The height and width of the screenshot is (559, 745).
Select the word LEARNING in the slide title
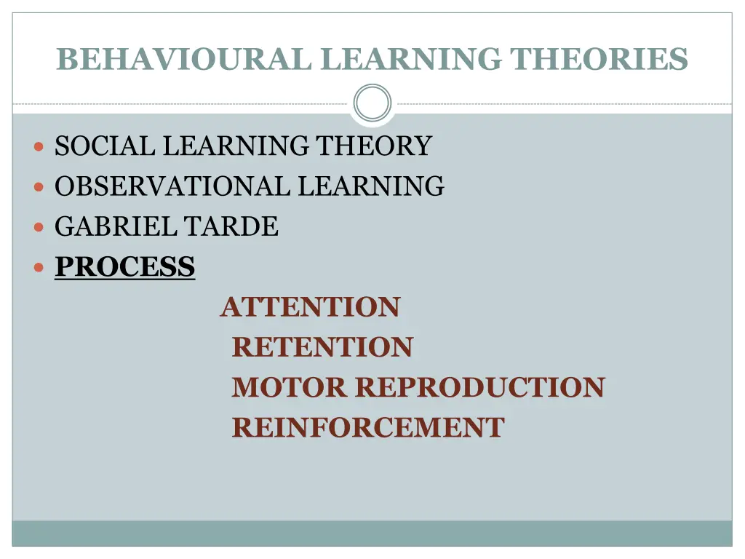pos(412,59)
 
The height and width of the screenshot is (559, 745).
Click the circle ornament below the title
pos(372,103)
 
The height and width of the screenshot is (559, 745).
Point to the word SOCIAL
pos(105,146)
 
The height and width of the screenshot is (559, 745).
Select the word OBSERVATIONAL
pos(173,186)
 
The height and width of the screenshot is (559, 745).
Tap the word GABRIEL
pos(114,226)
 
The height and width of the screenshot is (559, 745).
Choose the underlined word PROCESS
pos(125,267)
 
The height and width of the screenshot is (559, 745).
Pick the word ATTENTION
pos(310,307)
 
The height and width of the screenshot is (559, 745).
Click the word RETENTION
pos(322,347)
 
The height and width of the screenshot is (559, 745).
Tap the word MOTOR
pos(289,387)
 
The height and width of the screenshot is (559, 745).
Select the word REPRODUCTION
pos(479,387)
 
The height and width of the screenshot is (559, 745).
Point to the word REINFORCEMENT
pos(367,427)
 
